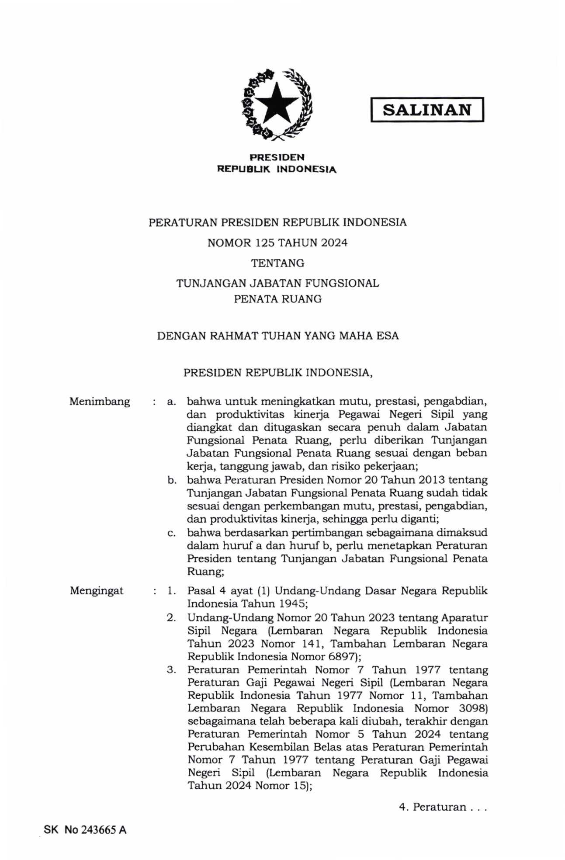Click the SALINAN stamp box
click(x=427, y=109)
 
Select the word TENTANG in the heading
click(x=277, y=263)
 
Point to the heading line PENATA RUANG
click(x=277, y=299)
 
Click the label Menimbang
click(x=100, y=401)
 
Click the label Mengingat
click(x=97, y=591)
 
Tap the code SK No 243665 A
click(x=85, y=830)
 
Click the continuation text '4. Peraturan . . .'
click(x=443, y=807)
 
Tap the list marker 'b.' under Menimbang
click(x=172, y=480)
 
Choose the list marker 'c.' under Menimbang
click(x=172, y=533)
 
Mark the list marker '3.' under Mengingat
click(x=171, y=669)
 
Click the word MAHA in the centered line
click(x=360, y=336)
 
